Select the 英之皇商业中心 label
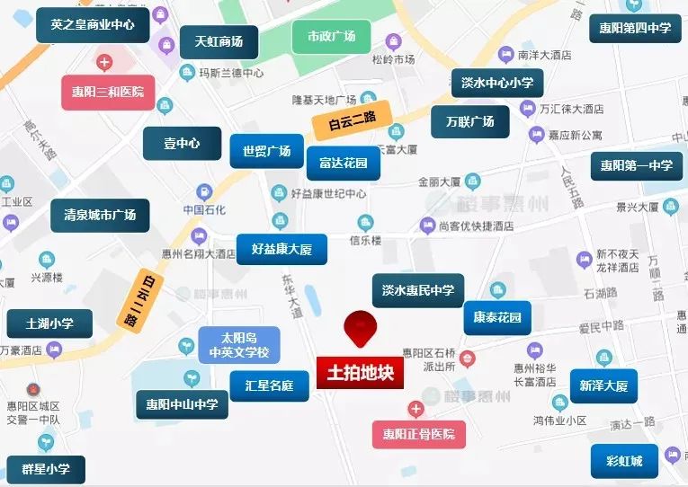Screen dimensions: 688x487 (x=93, y=25)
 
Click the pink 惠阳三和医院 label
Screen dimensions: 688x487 (x=109, y=92)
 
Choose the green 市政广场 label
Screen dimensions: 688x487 (x=331, y=37)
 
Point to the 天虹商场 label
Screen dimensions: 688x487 (x=212, y=41)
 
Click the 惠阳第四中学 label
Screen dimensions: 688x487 (x=635, y=28)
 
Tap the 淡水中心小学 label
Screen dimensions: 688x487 (x=496, y=84)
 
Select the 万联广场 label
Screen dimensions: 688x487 (x=469, y=121)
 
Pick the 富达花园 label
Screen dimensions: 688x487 (x=343, y=163)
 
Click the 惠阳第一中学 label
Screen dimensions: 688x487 (x=636, y=165)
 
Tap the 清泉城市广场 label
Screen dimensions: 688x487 (x=100, y=216)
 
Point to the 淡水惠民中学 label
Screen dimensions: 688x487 (x=417, y=290)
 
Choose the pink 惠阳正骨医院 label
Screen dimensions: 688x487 (x=419, y=435)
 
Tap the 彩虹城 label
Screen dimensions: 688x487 (x=624, y=462)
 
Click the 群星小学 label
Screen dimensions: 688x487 (x=46, y=469)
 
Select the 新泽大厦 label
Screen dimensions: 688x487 (x=603, y=386)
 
